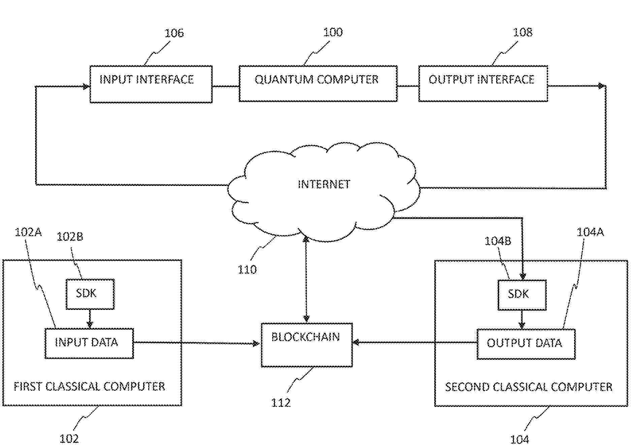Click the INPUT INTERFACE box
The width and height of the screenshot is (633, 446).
[x=151, y=84]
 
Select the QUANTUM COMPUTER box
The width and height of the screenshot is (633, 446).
[x=318, y=84]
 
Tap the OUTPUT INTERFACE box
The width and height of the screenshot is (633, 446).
[x=483, y=84]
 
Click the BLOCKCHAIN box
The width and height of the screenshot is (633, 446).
[x=307, y=345]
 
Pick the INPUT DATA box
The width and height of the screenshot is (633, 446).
[x=89, y=343]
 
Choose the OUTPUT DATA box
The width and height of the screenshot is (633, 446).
[x=526, y=344]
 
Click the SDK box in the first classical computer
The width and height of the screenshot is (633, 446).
[x=90, y=294]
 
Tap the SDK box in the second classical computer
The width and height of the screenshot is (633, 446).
[x=522, y=295]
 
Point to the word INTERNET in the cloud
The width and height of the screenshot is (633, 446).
[x=324, y=184]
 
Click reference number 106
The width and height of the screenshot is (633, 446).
[x=174, y=33]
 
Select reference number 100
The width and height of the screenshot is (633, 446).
[x=333, y=32]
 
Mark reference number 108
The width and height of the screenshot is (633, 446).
[x=522, y=32]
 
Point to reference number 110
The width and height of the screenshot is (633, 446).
[x=247, y=269]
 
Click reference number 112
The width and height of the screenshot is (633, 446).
[x=281, y=403]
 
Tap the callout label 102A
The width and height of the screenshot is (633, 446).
[x=28, y=232]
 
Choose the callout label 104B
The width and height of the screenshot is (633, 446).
[x=498, y=241]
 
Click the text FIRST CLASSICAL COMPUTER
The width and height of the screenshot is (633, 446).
[x=89, y=386]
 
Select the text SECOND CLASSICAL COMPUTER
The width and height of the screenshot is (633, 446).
[x=529, y=387]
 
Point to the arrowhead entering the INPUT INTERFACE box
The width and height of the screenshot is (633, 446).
[x=86, y=87]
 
